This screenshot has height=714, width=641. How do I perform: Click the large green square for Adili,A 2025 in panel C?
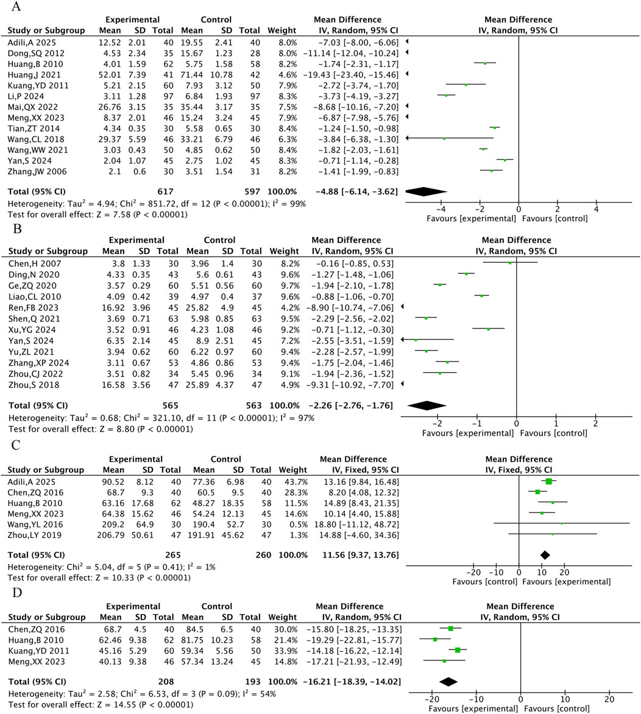click(548, 481)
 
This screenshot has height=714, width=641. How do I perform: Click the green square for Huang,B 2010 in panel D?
click(435, 639)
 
